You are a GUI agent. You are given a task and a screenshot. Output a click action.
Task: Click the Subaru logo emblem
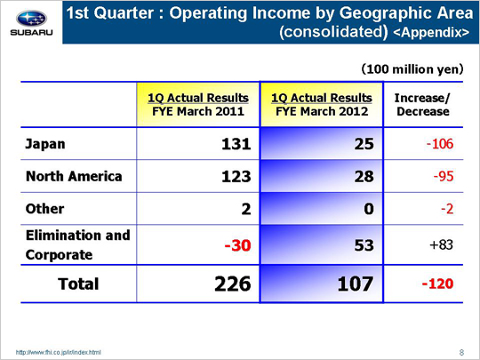pyautogui.click(x=31, y=19)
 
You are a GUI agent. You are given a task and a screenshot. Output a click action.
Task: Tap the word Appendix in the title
pyautogui.click(x=431, y=32)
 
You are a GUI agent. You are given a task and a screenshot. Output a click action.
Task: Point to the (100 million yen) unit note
pyautogui.click(x=412, y=69)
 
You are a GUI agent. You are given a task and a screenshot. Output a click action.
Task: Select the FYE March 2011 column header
pyautogui.click(x=198, y=104)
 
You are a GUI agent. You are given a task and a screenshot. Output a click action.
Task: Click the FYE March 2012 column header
pyautogui.click(x=322, y=104)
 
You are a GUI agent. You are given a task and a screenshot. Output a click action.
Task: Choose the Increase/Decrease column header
pyautogui.click(x=423, y=104)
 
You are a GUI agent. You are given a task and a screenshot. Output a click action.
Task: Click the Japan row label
pyautogui.click(x=45, y=144)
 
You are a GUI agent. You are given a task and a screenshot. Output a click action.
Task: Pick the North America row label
pyautogui.click(x=74, y=176)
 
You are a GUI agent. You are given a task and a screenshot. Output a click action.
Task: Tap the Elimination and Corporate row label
pyautogui.click(x=77, y=245)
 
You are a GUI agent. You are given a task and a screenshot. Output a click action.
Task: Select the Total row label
pyautogui.click(x=78, y=284)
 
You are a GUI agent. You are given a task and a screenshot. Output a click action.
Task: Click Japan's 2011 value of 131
pyautogui.click(x=236, y=144)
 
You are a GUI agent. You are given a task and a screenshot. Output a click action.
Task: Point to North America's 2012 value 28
pyautogui.click(x=364, y=176)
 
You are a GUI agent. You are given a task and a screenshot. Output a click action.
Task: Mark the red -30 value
pyautogui.click(x=237, y=245)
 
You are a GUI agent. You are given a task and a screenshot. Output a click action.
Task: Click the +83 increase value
pyautogui.click(x=441, y=244)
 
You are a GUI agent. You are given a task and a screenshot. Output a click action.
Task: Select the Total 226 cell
pyautogui.click(x=233, y=284)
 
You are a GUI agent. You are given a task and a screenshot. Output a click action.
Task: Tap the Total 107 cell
pyautogui.click(x=356, y=284)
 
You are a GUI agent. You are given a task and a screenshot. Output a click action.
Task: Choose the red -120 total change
pyautogui.click(x=437, y=284)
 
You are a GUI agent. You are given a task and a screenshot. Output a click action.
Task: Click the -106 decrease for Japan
pyautogui.click(x=440, y=144)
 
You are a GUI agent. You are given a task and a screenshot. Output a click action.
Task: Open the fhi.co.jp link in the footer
pyautogui.click(x=58, y=352)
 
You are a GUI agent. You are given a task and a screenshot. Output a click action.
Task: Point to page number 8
pyautogui.click(x=461, y=352)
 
